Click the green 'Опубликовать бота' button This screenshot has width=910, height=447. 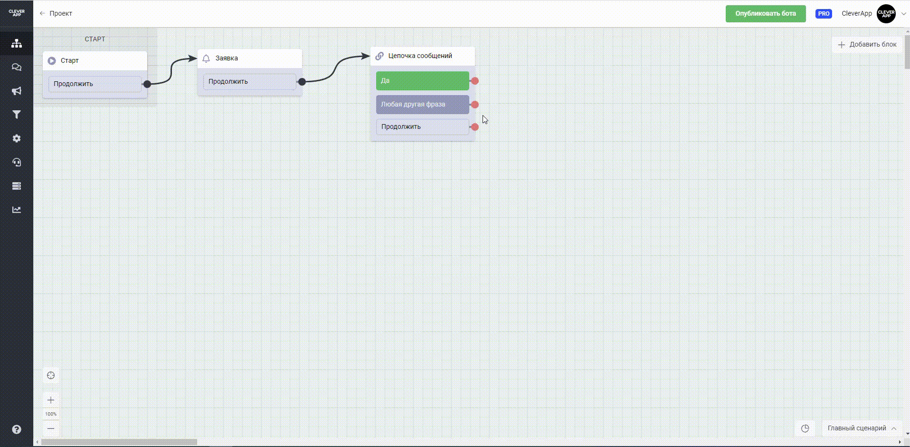[765, 14]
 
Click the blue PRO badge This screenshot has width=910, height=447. [824, 14]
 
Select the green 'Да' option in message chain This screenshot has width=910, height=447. [422, 81]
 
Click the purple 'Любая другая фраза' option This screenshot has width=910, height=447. [422, 105]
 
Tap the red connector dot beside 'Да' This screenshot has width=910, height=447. [474, 81]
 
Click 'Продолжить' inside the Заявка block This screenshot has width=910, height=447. [249, 82]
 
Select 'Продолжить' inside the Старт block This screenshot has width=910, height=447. [95, 84]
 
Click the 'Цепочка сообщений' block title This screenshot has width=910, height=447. [420, 56]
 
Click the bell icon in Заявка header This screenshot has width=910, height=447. [206, 58]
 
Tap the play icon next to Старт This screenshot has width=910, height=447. [52, 61]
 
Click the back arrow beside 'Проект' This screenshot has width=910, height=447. [42, 14]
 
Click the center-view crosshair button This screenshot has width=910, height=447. [51, 376]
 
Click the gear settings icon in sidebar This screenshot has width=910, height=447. [17, 138]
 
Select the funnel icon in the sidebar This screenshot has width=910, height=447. [17, 115]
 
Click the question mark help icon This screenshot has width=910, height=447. [17, 429]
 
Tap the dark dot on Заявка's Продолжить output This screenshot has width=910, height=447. [302, 82]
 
